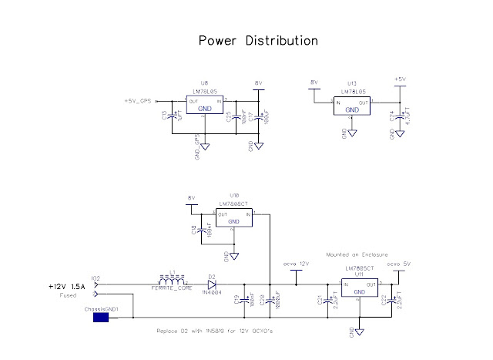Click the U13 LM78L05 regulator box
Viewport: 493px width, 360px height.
click(352, 106)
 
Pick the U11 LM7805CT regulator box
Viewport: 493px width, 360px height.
click(359, 288)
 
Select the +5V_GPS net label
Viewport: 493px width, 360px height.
click(139, 101)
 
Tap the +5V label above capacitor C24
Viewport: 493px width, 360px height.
click(399, 79)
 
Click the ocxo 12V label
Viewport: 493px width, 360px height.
click(297, 264)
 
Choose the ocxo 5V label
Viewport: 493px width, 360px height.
click(398, 264)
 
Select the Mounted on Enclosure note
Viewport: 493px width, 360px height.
click(356, 254)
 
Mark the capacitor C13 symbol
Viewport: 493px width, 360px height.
click(172, 117)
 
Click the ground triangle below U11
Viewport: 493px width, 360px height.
click(359, 331)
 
